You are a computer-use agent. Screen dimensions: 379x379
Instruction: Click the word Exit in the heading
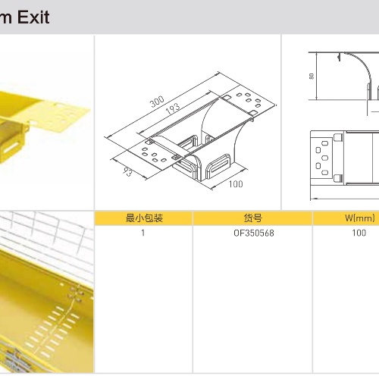(x=33, y=17)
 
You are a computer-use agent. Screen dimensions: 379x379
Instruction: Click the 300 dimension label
(x=157, y=102)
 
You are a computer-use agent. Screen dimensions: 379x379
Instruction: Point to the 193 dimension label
(x=173, y=109)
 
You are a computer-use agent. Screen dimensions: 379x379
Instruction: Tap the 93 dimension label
(x=128, y=171)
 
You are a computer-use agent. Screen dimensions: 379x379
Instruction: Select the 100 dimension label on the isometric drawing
(x=236, y=184)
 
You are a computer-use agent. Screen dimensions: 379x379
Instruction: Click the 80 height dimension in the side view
(x=312, y=76)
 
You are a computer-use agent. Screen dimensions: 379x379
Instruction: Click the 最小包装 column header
(x=144, y=218)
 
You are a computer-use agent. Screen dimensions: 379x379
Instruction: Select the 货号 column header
(x=253, y=218)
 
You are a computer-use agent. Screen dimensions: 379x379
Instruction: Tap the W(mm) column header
(x=360, y=218)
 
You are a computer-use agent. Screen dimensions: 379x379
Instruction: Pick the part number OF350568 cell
(x=254, y=233)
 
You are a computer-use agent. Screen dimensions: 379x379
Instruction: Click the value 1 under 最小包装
(x=143, y=233)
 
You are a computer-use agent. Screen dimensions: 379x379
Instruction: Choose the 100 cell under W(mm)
(x=359, y=233)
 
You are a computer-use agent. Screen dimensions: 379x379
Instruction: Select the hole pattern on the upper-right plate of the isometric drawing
(x=249, y=99)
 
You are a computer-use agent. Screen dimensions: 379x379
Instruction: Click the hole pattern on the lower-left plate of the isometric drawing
(x=154, y=155)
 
